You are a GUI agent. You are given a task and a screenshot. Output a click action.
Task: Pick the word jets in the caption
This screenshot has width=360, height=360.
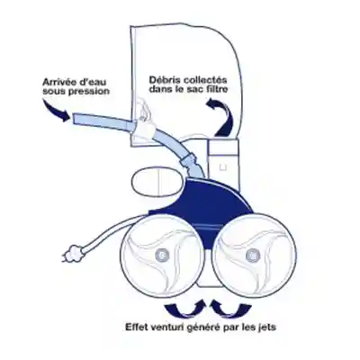point(265,327)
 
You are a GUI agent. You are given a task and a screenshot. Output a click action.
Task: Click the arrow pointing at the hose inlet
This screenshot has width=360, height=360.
point(57,112)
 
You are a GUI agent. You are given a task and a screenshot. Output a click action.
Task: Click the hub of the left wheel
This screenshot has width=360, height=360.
point(162,255)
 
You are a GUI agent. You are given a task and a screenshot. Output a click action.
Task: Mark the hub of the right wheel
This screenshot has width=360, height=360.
point(251,256)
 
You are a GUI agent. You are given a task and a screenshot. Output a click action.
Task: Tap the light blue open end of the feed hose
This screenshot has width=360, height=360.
point(75,119)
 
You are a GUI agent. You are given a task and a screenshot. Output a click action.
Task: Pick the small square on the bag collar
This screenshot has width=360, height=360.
point(222,167)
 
